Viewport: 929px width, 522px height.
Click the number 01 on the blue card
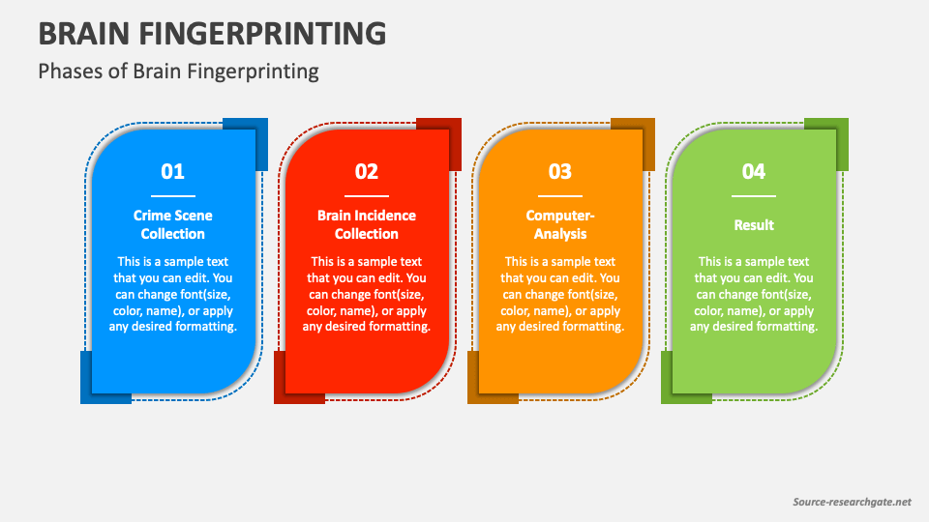[x=172, y=171]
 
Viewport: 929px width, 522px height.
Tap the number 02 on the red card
[x=366, y=171]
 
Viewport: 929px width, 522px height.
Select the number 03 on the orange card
[x=560, y=171]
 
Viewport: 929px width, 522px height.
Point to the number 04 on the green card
[x=754, y=171]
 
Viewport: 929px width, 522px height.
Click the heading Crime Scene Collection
[x=173, y=224]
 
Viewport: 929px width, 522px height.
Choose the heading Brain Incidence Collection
[x=367, y=224]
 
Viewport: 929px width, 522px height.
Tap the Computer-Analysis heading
[x=560, y=224]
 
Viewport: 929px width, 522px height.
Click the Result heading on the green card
[x=754, y=225]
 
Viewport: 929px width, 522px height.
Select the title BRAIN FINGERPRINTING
[x=212, y=33]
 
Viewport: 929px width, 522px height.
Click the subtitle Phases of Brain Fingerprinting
[x=178, y=71]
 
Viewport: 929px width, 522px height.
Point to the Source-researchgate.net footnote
[x=852, y=502]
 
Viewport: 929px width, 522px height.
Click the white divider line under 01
[x=173, y=196]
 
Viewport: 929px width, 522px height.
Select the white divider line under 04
[x=754, y=196]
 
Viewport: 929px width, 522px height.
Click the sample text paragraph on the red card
[x=367, y=294]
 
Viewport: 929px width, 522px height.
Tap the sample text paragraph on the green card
[x=754, y=294]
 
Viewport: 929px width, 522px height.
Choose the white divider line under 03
[x=560, y=196]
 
